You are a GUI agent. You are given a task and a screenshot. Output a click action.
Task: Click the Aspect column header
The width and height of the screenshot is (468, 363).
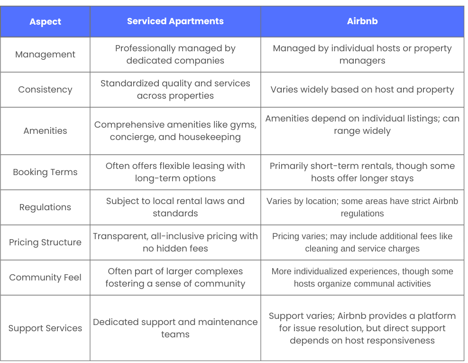(x=45, y=22)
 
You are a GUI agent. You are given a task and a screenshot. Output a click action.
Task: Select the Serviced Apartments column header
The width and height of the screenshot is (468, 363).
(x=175, y=21)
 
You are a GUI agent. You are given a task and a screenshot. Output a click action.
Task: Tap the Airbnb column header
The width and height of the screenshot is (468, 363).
(x=362, y=21)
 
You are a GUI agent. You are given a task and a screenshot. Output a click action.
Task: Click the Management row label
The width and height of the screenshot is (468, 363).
(x=45, y=55)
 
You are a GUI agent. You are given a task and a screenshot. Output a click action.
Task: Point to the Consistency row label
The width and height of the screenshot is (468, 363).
(x=45, y=90)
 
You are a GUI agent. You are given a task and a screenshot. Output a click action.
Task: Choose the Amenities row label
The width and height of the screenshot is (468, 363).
(x=45, y=131)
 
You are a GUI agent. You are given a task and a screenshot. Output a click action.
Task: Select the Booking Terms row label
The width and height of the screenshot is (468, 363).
(x=45, y=172)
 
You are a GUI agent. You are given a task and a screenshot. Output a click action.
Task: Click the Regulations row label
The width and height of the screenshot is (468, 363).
(x=45, y=207)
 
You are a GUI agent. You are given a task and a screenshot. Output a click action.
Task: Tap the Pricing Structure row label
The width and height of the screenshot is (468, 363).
(x=45, y=242)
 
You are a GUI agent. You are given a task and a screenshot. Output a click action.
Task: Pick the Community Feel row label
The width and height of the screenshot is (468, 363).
(x=45, y=278)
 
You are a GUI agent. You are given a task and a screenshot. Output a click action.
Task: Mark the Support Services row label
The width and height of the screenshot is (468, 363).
(x=45, y=328)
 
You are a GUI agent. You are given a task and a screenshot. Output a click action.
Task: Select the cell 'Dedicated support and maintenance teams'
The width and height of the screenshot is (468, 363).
(x=175, y=328)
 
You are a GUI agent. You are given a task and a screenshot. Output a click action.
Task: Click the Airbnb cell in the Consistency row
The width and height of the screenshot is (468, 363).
(x=362, y=90)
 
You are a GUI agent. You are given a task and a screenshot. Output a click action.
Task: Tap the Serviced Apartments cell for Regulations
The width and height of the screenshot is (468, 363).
(x=175, y=207)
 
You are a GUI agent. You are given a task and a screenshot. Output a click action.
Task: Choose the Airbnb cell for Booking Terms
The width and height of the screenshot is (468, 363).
(x=362, y=172)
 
